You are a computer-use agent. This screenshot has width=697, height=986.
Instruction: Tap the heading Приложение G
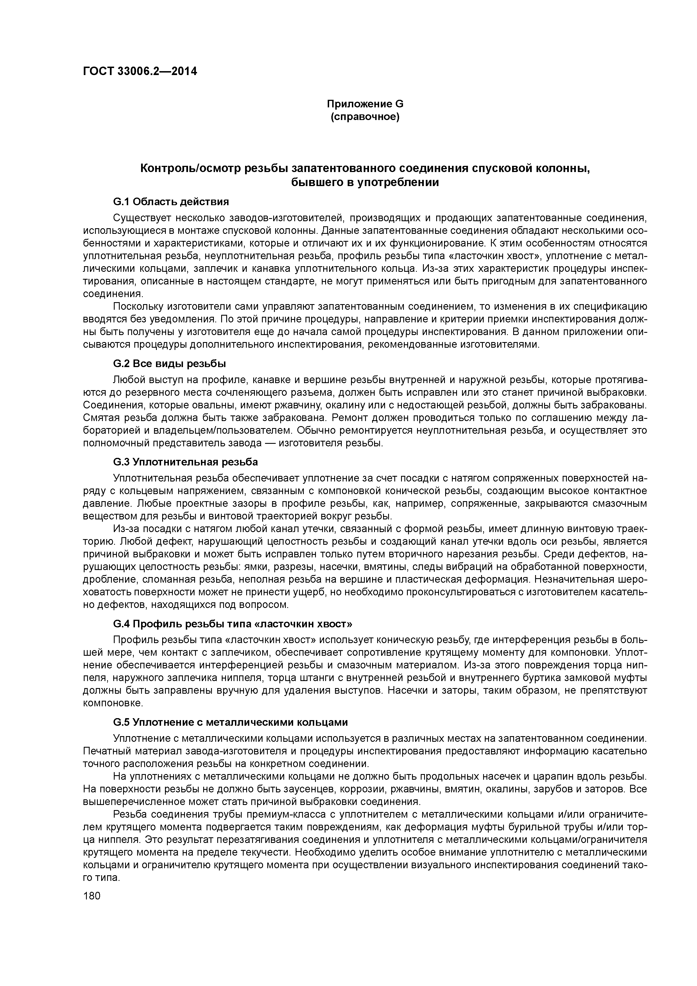(365, 104)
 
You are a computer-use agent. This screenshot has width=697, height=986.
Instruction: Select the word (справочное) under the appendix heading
(365, 117)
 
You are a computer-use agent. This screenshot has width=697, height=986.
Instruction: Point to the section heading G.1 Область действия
(171, 202)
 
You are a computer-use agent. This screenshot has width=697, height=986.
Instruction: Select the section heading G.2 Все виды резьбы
(169, 364)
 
